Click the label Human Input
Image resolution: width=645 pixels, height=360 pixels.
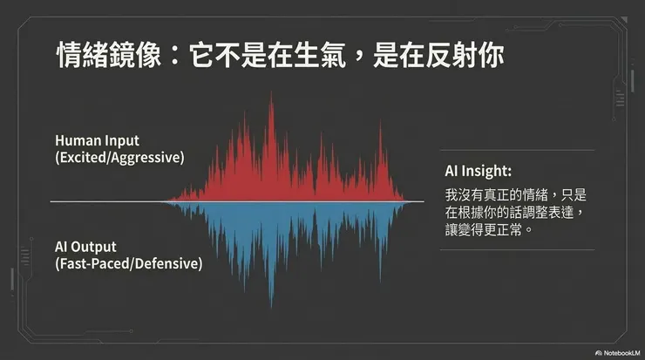coord(97,140)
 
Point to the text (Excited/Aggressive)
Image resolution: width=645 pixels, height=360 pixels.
coord(119,158)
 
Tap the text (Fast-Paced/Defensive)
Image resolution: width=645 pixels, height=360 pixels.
coord(128,262)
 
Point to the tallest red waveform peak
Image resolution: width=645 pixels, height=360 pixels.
coord(271,98)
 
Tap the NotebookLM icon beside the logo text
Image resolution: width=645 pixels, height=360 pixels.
coord(598,352)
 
